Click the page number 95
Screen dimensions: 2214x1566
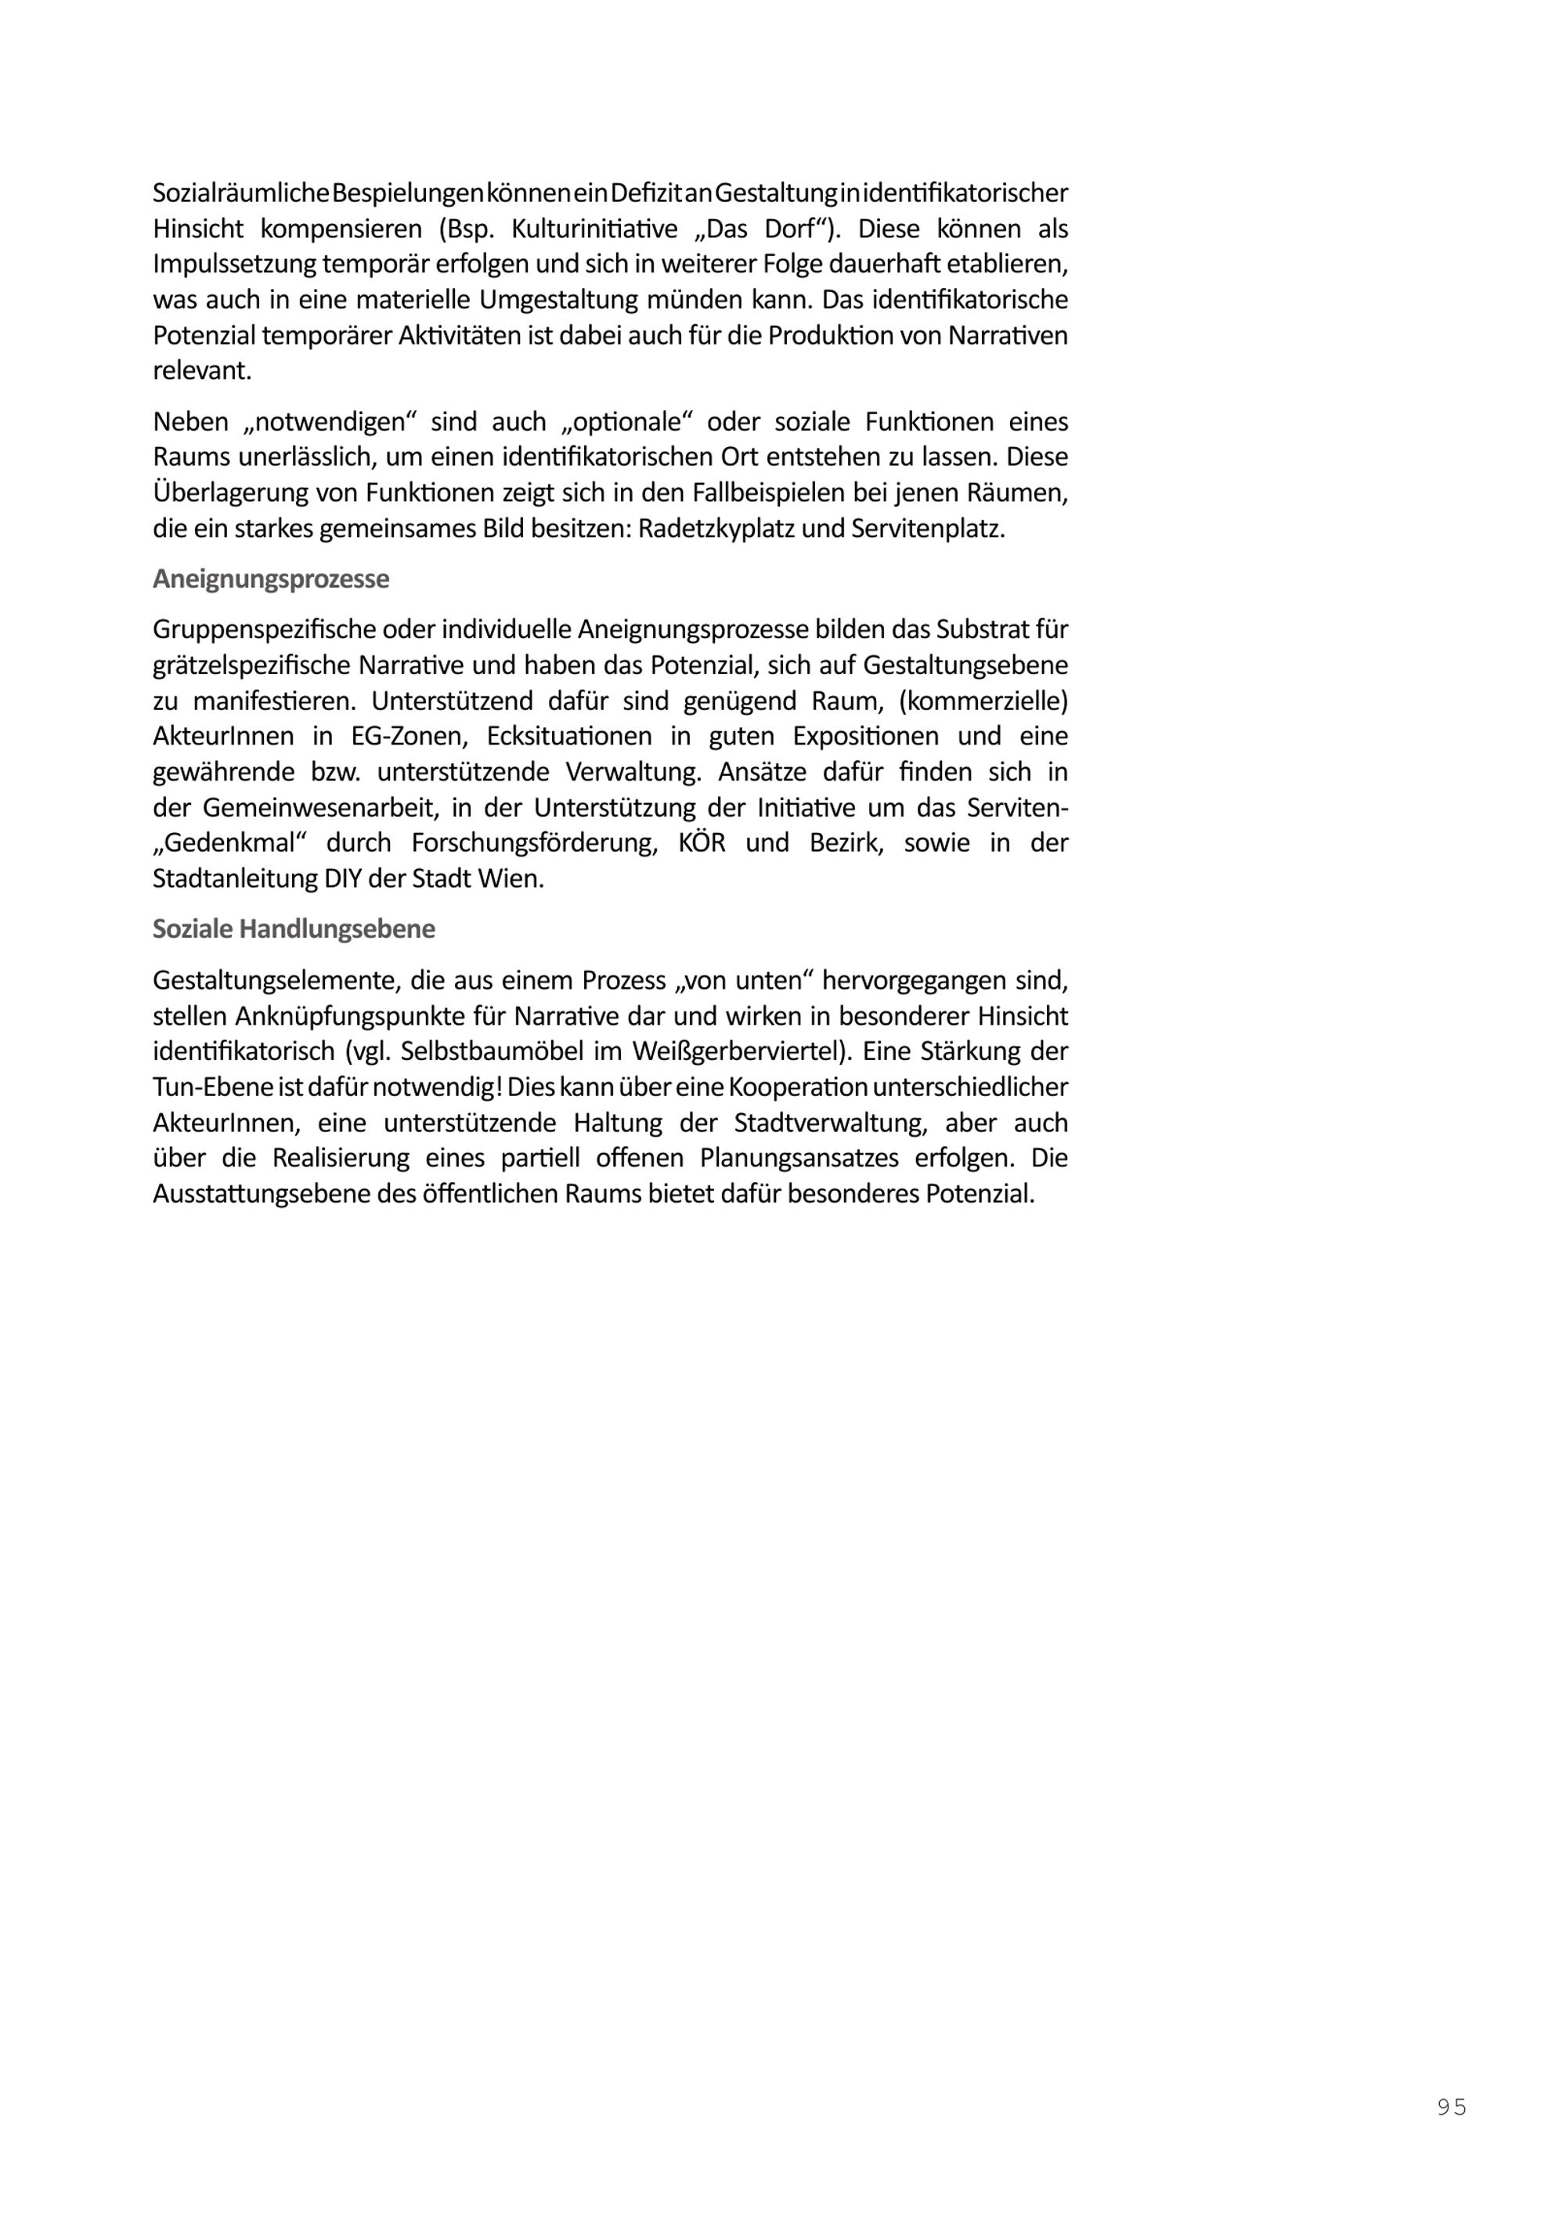click(1451, 2107)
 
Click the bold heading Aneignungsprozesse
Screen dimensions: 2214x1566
click(271, 579)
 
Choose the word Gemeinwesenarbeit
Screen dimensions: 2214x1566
click(312, 807)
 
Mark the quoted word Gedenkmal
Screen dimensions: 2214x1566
click(229, 843)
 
